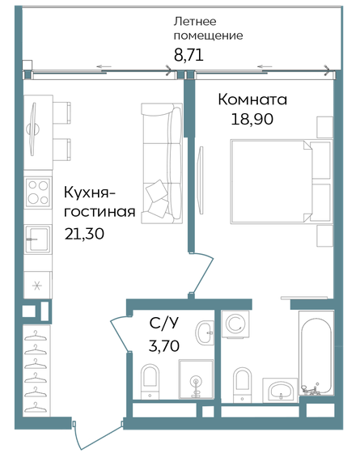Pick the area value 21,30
pyautogui.click(x=84, y=234)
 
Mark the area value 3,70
pyautogui.click(x=165, y=349)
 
